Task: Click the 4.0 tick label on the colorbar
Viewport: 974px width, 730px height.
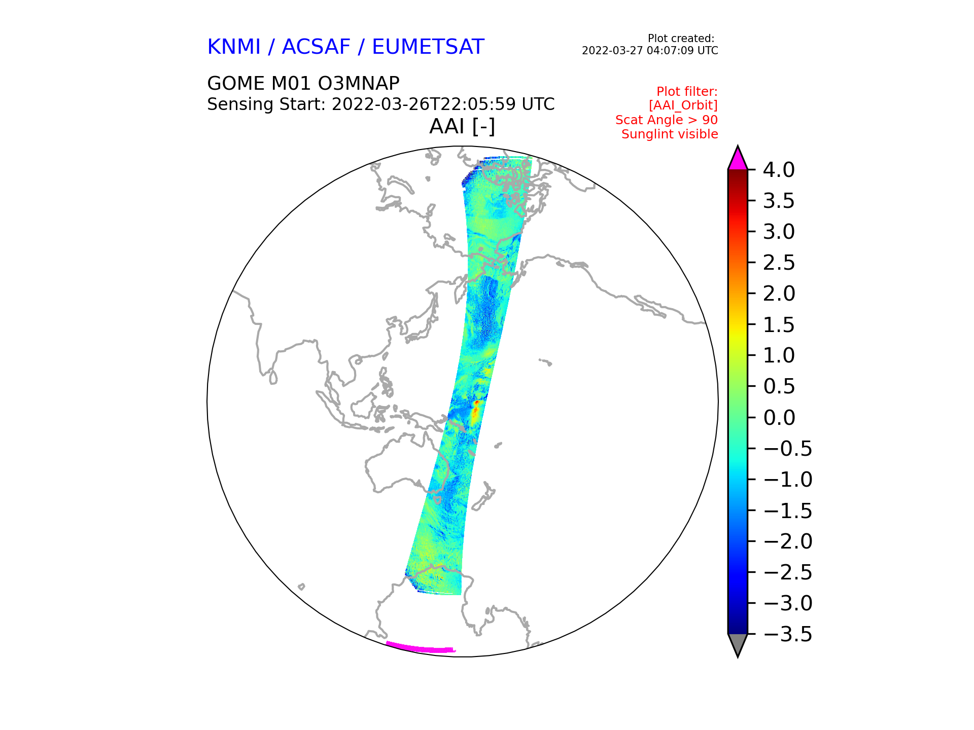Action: click(779, 170)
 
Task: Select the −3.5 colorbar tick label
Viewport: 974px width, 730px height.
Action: click(788, 634)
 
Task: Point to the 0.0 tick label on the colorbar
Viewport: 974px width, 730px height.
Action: click(779, 418)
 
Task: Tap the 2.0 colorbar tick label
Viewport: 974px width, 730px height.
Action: click(779, 294)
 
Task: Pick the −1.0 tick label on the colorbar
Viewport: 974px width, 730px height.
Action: click(788, 480)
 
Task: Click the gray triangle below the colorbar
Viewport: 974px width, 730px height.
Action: click(738, 644)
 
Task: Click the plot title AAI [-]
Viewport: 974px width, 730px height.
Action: click(462, 126)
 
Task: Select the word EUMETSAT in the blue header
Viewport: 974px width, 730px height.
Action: click(428, 47)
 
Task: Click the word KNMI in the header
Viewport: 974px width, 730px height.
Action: click(234, 47)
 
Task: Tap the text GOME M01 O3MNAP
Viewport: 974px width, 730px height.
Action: click(303, 83)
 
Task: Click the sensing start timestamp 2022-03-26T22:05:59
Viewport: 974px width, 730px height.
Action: click(424, 104)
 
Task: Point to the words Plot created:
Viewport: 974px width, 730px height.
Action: click(681, 39)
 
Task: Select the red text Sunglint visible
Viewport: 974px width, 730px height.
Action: click(670, 134)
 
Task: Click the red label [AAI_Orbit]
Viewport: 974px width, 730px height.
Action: click(683, 105)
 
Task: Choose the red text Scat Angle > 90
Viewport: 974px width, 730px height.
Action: click(667, 120)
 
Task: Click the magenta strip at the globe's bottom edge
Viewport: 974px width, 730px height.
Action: click(421, 648)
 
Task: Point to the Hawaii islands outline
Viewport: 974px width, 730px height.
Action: click(545, 362)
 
